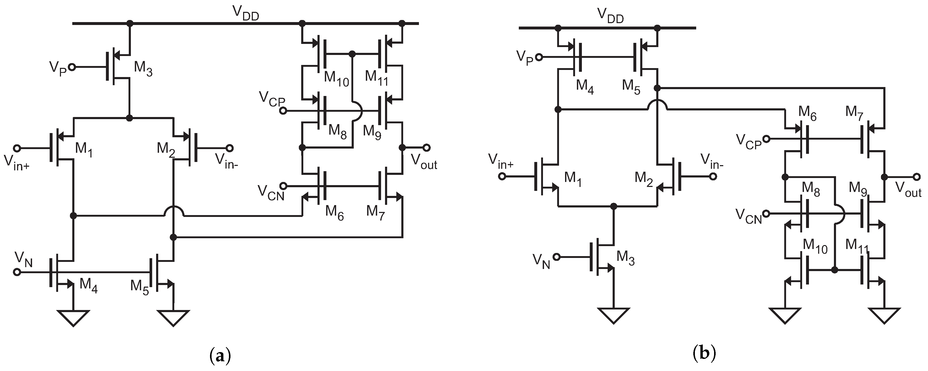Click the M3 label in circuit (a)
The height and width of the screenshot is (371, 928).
click(x=143, y=69)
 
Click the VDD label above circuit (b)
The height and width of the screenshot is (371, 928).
click(x=610, y=16)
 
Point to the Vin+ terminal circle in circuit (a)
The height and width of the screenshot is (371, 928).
click(x=17, y=148)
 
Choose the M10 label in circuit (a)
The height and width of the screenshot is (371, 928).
click(x=336, y=79)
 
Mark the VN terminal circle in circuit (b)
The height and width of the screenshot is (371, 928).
click(x=557, y=257)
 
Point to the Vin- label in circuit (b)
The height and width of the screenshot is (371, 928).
click(x=712, y=161)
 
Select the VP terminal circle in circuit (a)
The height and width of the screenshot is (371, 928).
click(x=72, y=67)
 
